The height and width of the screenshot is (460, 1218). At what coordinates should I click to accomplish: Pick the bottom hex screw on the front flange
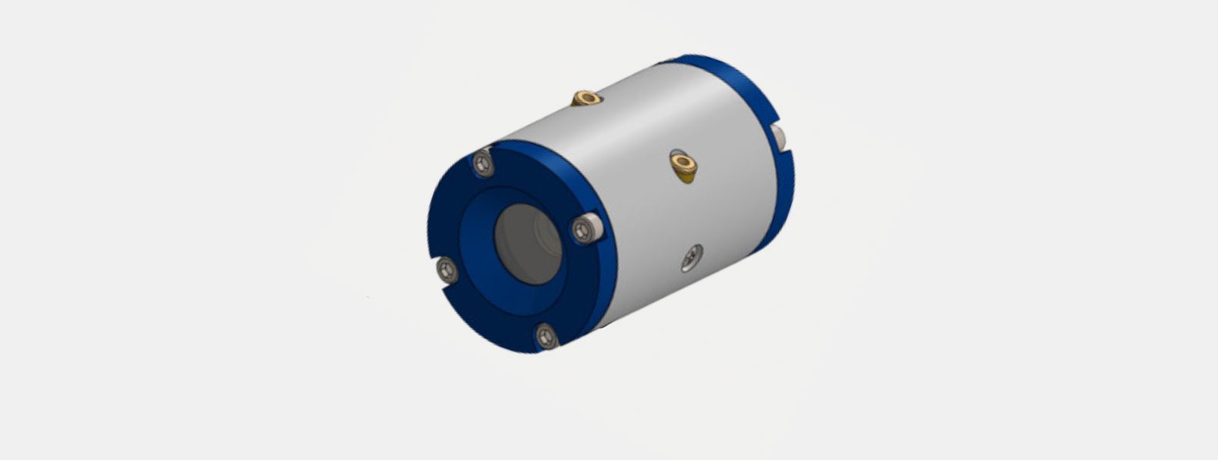[545, 335]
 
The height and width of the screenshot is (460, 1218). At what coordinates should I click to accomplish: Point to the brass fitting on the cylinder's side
[683, 164]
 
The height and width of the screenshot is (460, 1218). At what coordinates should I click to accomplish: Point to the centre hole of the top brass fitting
[587, 97]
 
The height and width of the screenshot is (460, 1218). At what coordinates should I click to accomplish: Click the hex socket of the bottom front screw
[545, 335]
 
